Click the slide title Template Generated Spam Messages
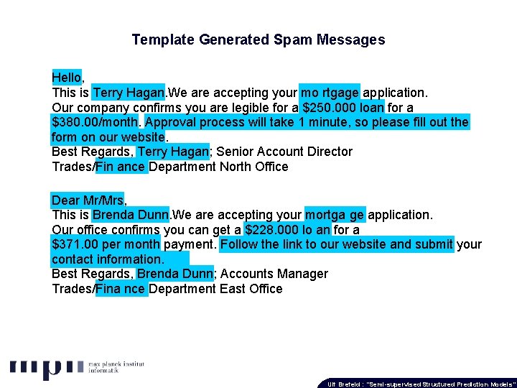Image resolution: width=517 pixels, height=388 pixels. tap(258, 40)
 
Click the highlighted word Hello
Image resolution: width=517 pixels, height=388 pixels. tap(67, 77)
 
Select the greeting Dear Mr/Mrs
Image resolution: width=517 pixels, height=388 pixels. tap(87, 200)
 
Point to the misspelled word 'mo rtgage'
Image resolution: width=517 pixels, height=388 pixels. tap(330, 93)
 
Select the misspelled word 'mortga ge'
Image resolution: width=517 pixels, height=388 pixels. tap(335, 215)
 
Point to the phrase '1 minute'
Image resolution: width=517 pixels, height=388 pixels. tap(324, 122)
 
